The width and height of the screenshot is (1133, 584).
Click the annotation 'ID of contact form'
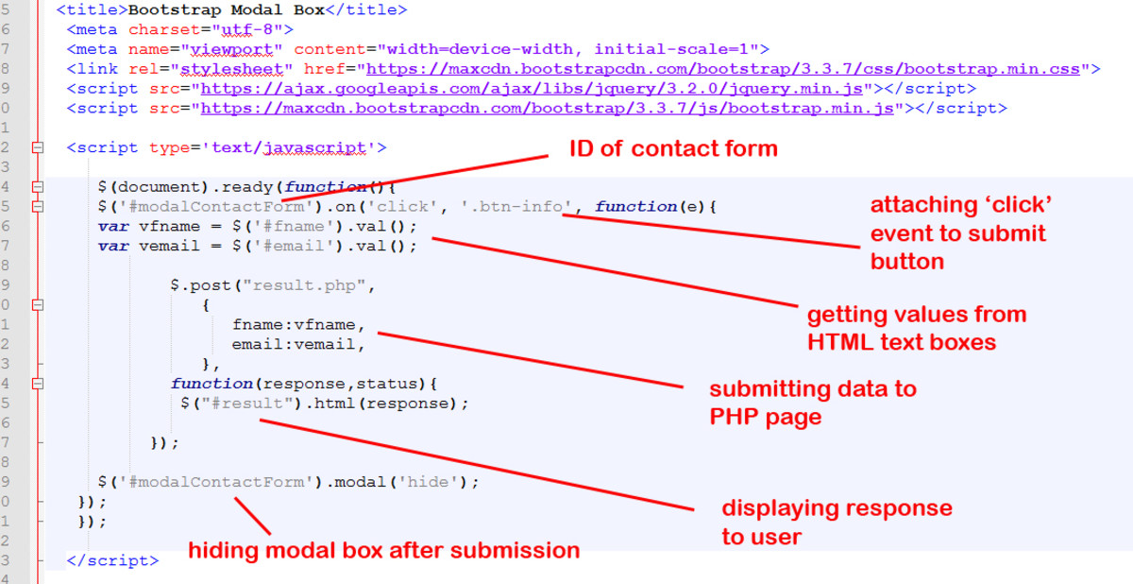point(673,148)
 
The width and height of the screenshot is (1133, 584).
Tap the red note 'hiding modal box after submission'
point(384,551)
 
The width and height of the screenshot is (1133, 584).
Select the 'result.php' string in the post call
point(304,285)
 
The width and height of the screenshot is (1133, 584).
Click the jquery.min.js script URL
point(532,89)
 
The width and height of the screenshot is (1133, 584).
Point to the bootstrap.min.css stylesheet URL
point(723,69)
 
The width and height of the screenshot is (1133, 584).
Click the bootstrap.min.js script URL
point(548,109)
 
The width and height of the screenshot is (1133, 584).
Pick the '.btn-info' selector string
point(516,206)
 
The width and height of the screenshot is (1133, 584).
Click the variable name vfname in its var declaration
point(169,226)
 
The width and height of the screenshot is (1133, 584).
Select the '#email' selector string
point(294,246)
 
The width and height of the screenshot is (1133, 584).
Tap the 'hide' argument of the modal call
point(428,482)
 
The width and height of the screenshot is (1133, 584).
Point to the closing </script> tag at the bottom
point(112,560)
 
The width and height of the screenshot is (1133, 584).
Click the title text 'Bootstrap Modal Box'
point(226,10)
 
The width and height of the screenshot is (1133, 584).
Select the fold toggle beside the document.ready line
point(38,187)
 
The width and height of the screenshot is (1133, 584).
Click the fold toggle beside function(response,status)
point(38,384)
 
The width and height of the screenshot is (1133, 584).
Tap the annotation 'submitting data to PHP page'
point(813,404)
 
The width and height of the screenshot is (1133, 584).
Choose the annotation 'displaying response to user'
point(837,523)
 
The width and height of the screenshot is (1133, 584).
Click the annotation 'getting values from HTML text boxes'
point(917,329)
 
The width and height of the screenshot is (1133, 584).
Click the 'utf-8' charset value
point(247,30)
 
